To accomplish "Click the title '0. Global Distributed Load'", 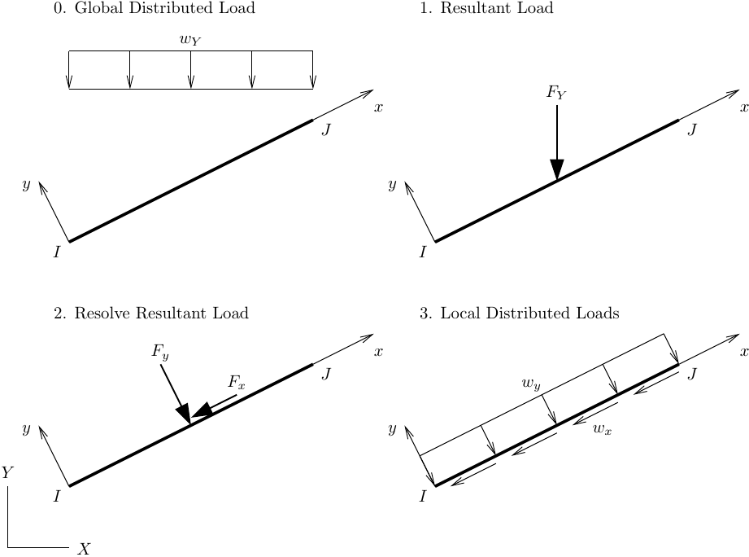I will [154, 9].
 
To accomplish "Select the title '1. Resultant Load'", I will [486, 9].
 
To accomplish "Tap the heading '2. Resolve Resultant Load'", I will [151, 314].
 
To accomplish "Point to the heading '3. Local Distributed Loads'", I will [520, 314].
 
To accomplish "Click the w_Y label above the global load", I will [190, 38].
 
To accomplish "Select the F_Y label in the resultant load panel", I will [556, 93].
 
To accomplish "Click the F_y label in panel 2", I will [160, 352].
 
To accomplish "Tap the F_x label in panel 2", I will [236, 382].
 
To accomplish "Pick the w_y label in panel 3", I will [531, 382].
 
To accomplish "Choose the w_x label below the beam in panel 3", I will [603, 428].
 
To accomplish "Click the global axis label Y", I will [7, 472].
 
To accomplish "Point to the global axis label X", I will [83, 549].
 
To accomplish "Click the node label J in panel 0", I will [326, 129].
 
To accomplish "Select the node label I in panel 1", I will [423, 252].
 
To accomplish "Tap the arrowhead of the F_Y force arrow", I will [557, 169].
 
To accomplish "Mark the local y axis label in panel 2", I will [26, 429].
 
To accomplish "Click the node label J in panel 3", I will [692, 374].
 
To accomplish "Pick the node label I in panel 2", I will [57, 496].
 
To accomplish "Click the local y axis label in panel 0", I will [26, 185].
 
